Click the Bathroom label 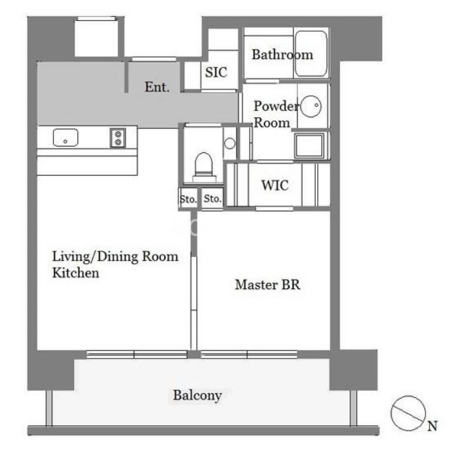(282, 54)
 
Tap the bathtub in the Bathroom (311, 54)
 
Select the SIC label (216, 73)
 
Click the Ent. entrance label (157, 87)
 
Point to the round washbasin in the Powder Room (311, 106)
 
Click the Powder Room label (275, 114)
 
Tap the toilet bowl (204, 165)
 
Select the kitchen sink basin (66, 137)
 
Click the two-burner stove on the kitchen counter (118, 137)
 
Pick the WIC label (275, 185)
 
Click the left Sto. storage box (188, 198)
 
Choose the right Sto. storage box (212, 198)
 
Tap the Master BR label (267, 285)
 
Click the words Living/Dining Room (115, 257)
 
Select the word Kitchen (76, 273)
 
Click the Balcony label (197, 396)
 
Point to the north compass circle (408, 413)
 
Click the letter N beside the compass (433, 426)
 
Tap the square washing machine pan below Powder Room (309, 146)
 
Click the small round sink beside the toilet (230, 143)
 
